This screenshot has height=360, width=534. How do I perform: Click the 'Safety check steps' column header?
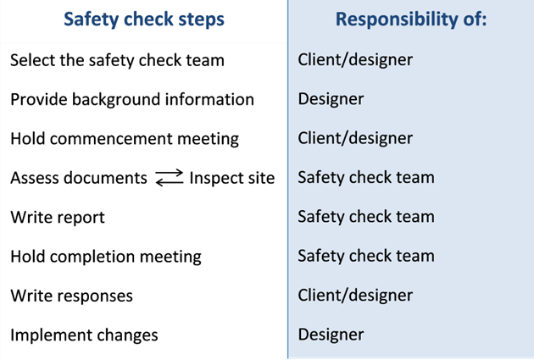[144, 19]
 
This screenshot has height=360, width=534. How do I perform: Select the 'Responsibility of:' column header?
[411, 19]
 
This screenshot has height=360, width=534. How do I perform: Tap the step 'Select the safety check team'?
[117, 61]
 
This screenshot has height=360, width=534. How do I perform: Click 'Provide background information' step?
[132, 100]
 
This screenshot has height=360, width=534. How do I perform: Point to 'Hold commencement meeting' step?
[125, 139]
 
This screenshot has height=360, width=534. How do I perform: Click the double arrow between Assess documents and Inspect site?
[170, 178]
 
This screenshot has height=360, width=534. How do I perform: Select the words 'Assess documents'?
[79, 178]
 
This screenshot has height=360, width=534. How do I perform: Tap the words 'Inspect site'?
[232, 178]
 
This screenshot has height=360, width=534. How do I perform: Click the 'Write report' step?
[58, 218]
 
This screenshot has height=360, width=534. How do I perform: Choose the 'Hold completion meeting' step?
[106, 257]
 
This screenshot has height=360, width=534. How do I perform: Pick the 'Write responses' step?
[71, 296]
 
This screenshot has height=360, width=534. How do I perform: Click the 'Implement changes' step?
[84, 335]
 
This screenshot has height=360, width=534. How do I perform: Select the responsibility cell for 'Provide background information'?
[331, 99]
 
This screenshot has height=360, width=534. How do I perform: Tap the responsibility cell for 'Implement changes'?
[331, 335]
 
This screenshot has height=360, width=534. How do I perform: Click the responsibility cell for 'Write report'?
[366, 217]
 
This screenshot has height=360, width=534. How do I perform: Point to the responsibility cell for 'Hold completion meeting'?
[366, 256]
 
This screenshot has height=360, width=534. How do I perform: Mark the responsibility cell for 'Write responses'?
[355, 296]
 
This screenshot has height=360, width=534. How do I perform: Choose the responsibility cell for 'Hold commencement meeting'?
[355, 138]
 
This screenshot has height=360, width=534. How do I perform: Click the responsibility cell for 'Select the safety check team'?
[355, 60]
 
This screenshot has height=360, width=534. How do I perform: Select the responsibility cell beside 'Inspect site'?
[366, 178]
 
